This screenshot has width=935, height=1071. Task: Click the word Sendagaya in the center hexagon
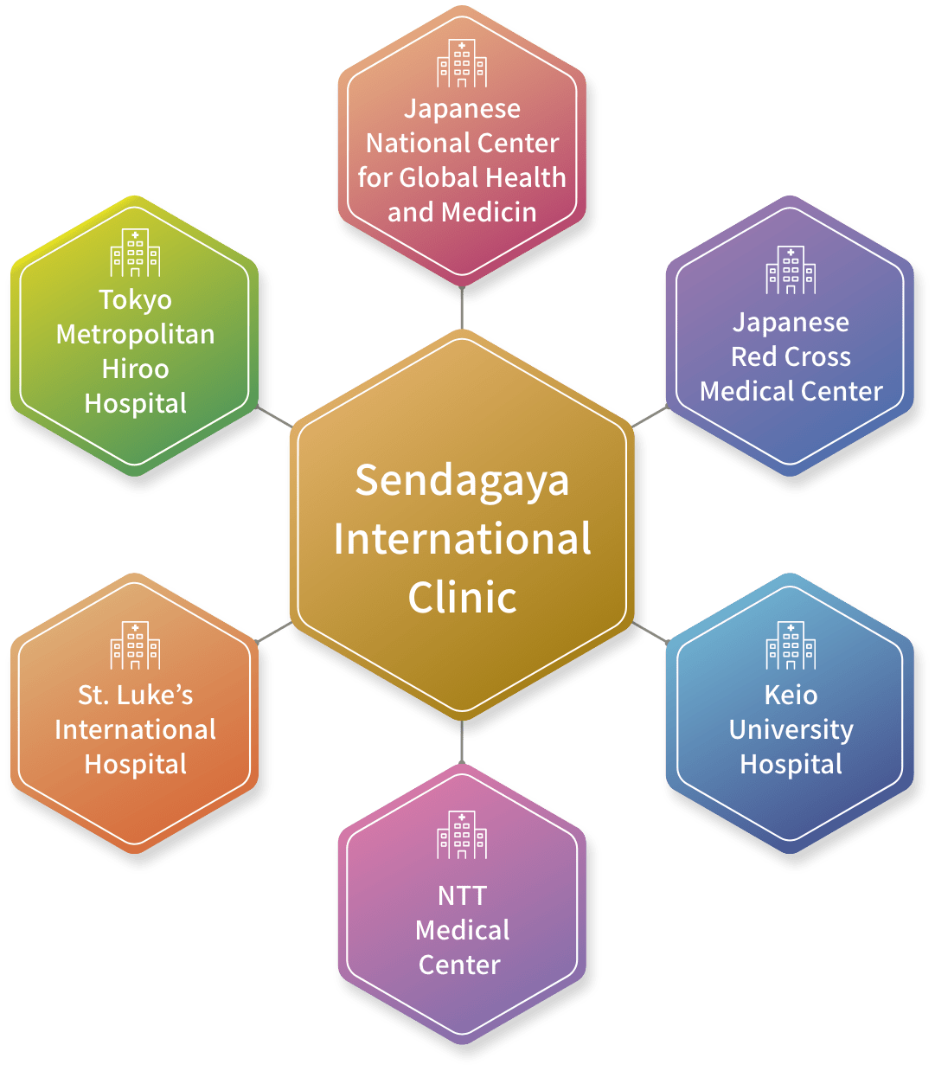462,482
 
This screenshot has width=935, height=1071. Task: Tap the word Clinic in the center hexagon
462,597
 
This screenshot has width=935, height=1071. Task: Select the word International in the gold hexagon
462,539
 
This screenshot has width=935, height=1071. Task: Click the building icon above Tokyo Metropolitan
135,253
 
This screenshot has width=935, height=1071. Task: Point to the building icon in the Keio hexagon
791,645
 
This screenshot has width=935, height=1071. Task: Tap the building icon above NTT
462,835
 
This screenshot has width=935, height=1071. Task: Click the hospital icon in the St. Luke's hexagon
135,645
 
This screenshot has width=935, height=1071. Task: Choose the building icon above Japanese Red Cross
791,270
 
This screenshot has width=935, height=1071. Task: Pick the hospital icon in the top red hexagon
462,63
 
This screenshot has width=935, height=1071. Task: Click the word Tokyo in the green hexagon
135,299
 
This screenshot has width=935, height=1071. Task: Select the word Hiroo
135,369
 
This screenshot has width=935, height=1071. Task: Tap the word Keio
791,695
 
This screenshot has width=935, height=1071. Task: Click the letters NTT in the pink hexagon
462,895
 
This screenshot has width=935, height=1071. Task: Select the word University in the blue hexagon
791,729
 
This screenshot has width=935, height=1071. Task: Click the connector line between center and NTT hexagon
462,742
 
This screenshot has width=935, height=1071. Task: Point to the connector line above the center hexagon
462,308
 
